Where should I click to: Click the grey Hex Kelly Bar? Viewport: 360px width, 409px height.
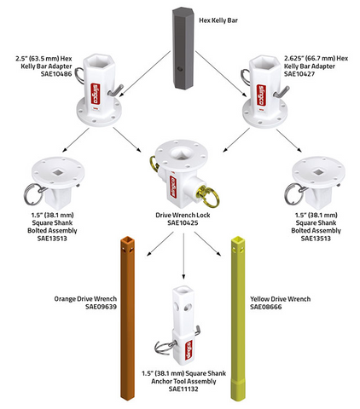183,49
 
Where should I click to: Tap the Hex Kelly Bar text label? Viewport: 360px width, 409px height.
218,20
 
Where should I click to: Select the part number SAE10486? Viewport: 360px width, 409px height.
56,74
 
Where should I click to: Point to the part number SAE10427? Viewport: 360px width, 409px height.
299,74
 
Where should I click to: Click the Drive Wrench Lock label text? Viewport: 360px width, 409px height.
183,215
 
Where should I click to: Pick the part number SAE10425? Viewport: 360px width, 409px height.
183,222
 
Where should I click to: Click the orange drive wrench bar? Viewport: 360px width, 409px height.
128,318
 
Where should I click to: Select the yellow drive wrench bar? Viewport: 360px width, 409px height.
238,319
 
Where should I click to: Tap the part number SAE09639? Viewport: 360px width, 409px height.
101,307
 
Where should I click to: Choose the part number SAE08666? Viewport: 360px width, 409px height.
266,307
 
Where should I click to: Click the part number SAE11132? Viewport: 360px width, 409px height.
183,389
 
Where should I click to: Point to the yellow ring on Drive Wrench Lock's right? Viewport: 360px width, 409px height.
209,195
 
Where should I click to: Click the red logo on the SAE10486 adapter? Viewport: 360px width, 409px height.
95,94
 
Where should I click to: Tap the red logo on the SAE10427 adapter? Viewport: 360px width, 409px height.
261,95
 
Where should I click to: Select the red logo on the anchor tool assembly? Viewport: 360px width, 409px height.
189,350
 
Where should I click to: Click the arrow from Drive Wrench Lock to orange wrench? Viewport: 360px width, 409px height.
160,244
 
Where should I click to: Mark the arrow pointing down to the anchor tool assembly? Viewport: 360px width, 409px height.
183,256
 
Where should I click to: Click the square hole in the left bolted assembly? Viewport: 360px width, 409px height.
59,172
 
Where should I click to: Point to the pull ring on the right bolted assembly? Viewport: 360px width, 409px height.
293,194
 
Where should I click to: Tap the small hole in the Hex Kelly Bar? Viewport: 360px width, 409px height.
178,69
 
